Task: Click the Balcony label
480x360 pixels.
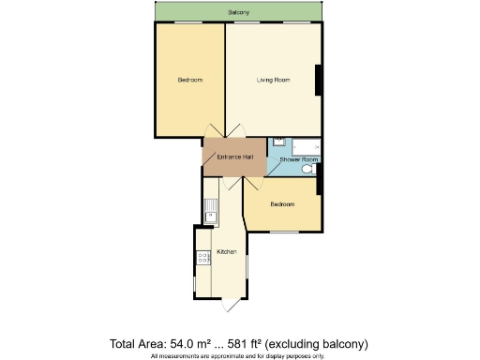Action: coord(239,12)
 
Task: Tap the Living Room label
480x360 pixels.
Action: coord(273,80)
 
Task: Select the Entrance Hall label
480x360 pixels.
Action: coord(234,157)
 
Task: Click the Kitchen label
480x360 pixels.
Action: coord(226,252)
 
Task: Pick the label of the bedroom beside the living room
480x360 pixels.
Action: coord(190,80)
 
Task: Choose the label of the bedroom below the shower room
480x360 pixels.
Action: coord(282,204)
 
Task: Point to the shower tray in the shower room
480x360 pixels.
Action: coord(306,146)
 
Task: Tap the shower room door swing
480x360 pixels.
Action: coord(273,171)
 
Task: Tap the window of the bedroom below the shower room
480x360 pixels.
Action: coord(283,231)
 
